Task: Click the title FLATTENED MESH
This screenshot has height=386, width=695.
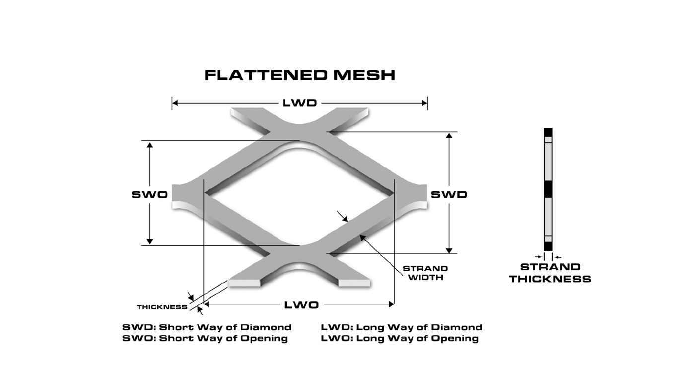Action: (x=300, y=75)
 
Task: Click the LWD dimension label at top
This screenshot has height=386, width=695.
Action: (x=299, y=103)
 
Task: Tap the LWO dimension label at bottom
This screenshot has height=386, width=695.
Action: (x=301, y=304)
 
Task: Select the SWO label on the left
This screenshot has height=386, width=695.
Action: (x=149, y=194)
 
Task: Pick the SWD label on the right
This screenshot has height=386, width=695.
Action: (x=449, y=194)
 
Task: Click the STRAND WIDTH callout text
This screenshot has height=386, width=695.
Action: (x=425, y=273)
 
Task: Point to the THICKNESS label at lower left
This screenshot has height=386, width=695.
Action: (x=162, y=307)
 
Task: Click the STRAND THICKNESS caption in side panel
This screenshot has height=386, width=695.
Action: (x=550, y=273)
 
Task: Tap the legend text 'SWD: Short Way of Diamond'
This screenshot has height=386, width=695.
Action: (x=207, y=327)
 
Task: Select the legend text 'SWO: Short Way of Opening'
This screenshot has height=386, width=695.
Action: (x=205, y=339)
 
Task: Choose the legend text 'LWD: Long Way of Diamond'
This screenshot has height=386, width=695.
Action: (x=401, y=327)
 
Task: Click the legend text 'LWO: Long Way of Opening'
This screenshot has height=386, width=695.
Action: (x=400, y=339)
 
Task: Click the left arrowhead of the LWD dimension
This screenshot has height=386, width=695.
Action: (x=175, y=103)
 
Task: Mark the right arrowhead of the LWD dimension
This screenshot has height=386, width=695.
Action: (x=424, y=103)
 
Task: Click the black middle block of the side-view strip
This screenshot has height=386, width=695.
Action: (x=549, y=190)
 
